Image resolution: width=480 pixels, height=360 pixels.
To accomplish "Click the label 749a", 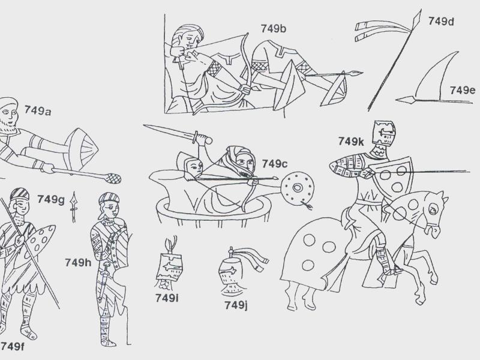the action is click(x=38, y=110).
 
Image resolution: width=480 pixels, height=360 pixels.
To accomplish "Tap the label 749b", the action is click(x=274, y=29).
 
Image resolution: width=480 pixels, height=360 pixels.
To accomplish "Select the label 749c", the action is click(x=275, y=164).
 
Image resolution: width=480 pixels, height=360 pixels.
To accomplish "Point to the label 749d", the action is click(x=441, y=21).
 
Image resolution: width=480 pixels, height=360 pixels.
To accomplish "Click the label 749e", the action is click(x=462, y=91).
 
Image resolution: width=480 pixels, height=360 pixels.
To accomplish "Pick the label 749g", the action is click(x=51, y=200).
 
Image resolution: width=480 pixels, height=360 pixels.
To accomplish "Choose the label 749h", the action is click(x=78, y=263).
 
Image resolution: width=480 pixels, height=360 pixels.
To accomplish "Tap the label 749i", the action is click(x=167, y=298).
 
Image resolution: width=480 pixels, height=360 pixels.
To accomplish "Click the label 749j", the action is click(x=236, y=305).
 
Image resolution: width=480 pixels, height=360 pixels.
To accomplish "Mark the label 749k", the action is click(x=351, y=142).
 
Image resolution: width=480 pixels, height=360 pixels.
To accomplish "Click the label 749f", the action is click(x=12, y=346).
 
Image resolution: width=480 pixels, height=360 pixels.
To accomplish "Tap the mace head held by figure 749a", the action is click(x=113, y=178).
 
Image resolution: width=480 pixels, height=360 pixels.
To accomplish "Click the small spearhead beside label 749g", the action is click(x=73, y=207).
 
